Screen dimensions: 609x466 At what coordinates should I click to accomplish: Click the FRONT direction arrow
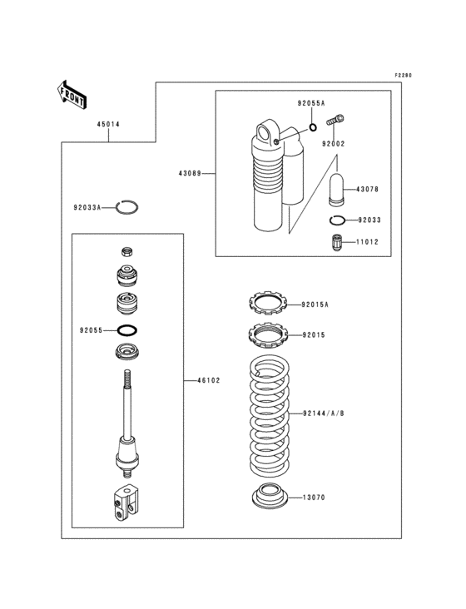72,94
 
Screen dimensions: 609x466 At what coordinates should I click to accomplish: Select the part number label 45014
107,125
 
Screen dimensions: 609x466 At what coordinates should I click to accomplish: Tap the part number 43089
189,174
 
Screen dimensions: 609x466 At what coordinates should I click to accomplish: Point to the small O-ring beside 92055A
312,127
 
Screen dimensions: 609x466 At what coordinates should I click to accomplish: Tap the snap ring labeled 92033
337,220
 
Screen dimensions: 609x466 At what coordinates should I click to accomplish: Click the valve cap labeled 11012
337,242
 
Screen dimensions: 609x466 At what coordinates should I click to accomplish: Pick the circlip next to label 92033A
126,207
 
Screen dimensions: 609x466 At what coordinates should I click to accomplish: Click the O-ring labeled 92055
128,330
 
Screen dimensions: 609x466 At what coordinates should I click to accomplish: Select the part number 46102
208,380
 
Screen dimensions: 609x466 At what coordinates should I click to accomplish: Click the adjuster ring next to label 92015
268,336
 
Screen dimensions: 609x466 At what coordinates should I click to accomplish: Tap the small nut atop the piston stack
127,252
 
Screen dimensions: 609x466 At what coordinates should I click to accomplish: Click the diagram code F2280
403,76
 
